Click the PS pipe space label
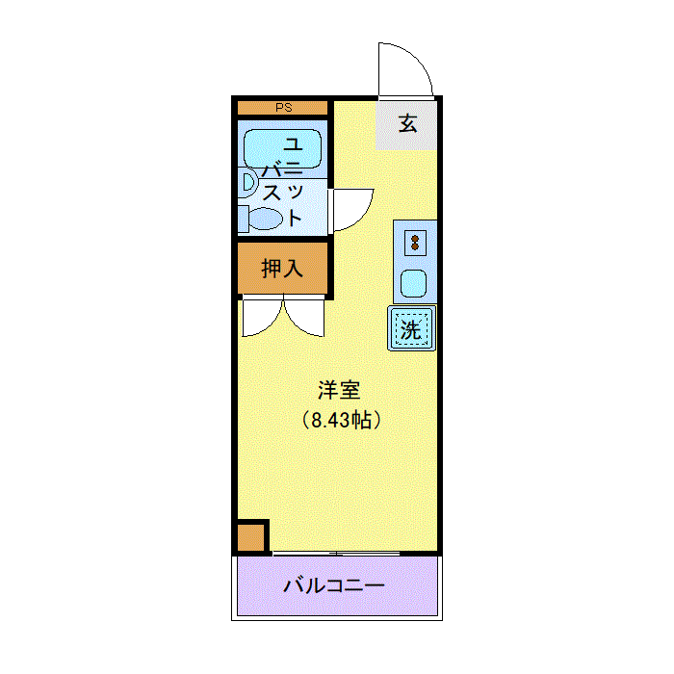click(284, 108)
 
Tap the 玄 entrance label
click(407, 124)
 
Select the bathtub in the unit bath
click(282, 148)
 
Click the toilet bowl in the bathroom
click(266, 219)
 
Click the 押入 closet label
click(282, 269)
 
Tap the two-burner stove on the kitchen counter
click(415, 243)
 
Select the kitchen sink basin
click(413, 283)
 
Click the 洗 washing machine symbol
click(412, 328)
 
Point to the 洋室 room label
click(339, 390)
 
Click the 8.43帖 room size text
click(342, 420)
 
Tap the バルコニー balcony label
click(333, 585)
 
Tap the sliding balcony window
click(337, 554)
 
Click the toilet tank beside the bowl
click(244, 219)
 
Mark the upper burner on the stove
click(415, 238)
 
